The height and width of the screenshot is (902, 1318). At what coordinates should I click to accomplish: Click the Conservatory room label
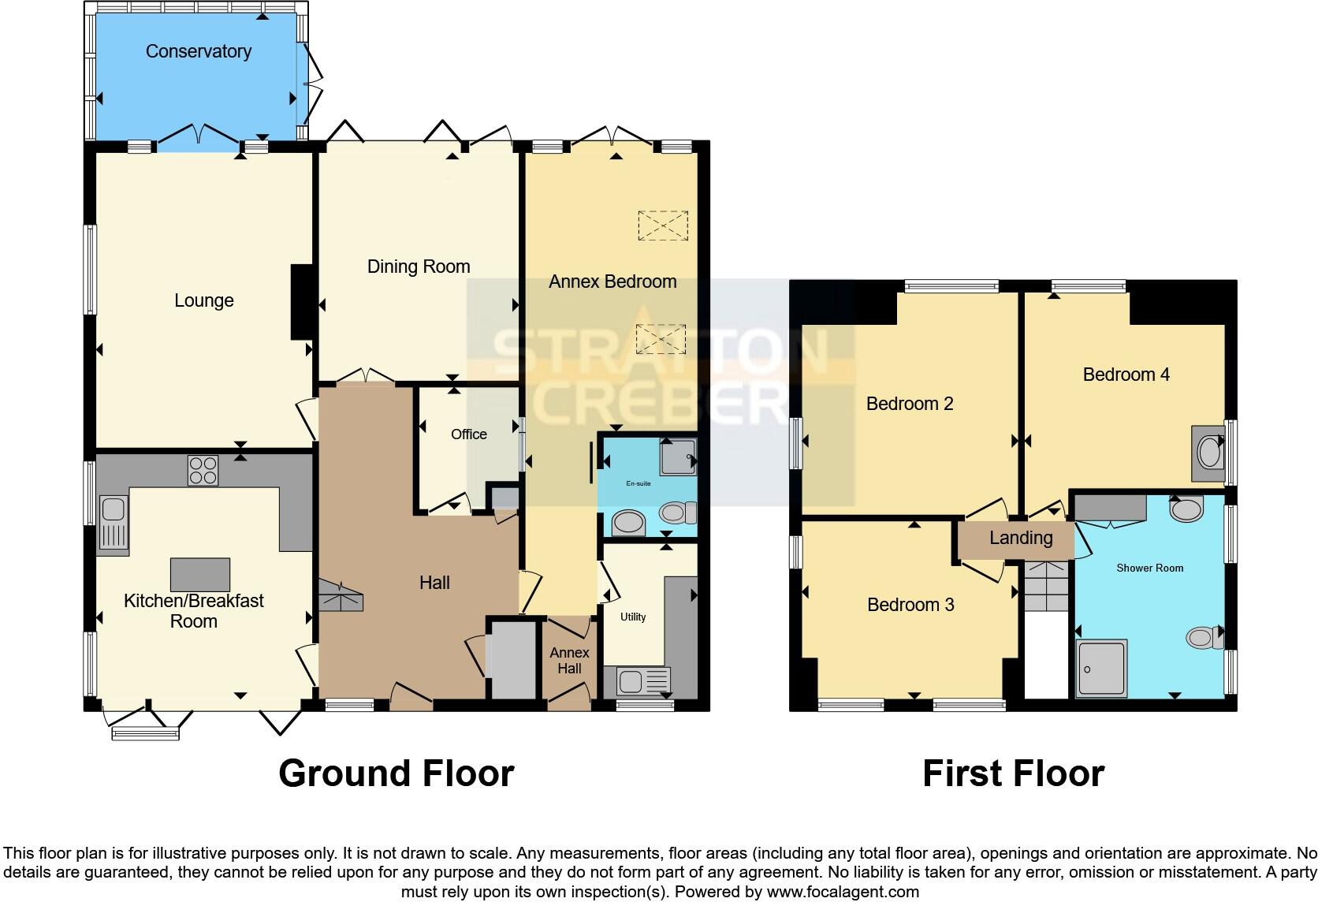tap(199, 51)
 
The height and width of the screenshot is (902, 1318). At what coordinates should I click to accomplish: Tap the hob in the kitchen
tap(203, 471)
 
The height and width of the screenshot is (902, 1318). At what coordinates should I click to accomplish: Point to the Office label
tap(468, 434)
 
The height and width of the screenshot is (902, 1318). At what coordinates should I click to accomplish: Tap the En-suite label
tap(638, 483)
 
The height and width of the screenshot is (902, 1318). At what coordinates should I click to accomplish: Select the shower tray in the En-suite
tap(678, 457)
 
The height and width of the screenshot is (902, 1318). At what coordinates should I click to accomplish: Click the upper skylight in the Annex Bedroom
tap(663, 225)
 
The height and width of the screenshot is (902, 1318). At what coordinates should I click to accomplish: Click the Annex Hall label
tap(569, 661)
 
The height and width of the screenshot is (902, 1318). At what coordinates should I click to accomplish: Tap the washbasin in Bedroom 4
tap(1208, 453)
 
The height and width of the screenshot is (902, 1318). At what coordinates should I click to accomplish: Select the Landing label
tap(1021, 538)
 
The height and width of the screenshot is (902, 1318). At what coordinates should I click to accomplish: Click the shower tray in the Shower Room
tap(1102, 669)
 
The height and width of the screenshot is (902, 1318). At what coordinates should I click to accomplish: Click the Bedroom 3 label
tap(910, 605)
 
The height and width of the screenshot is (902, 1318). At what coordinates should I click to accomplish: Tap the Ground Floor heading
tap(396, 773)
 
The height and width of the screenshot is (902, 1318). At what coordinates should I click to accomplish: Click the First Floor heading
tap(1013, 773)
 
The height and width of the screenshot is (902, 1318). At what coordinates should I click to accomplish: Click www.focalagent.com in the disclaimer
tap(843, 892)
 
